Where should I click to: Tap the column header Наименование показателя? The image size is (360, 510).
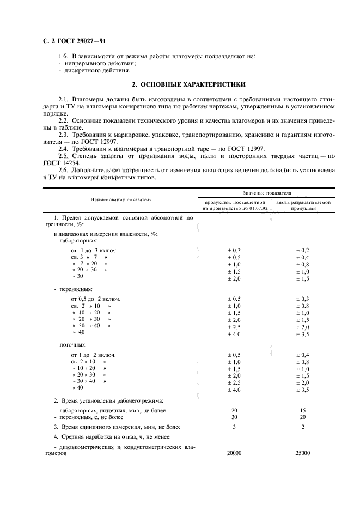[121, 200]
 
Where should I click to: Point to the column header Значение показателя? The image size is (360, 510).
[266, 193]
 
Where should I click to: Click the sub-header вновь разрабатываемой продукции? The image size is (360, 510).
[303, 205]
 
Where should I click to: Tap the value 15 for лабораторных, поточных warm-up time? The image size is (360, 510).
[303, 410]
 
